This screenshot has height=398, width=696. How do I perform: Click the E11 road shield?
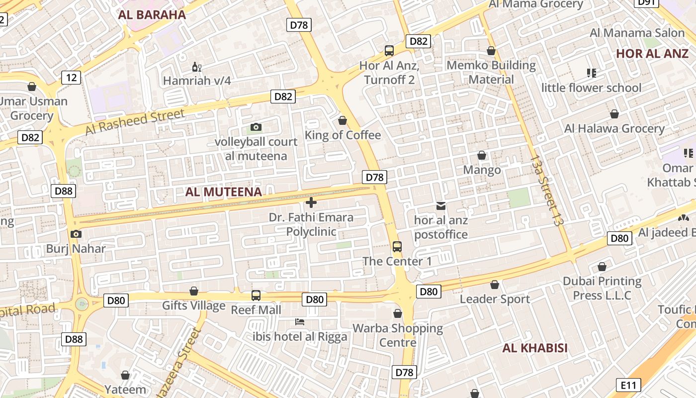coord(628,385)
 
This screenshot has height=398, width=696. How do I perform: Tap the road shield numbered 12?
coord(72,77)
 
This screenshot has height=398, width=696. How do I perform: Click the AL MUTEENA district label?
coord(223,192)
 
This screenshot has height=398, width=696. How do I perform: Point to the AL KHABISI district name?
coord(534,348)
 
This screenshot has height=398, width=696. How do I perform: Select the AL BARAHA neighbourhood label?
coord(152,14)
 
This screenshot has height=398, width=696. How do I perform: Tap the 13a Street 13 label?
coord(547,191)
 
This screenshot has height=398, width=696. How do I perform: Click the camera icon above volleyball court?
coord(256,127)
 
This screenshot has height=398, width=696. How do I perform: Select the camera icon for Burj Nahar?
coord(76,234)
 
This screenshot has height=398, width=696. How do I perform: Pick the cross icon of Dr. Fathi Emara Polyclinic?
coord(311,202)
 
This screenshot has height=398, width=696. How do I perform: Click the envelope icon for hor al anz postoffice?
coord(441,205)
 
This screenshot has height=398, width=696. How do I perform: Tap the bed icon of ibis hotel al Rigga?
coord(300,322)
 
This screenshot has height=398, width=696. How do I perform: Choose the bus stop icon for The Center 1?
coord(397,246)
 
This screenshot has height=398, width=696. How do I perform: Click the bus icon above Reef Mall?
coord(256,296)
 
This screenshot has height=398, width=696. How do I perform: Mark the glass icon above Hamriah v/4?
coord(197,67)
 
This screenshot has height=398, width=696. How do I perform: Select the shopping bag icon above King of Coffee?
coord(343,120)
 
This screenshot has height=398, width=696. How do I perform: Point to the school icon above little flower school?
coord(591,73)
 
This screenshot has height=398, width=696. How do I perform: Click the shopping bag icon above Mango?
coord(481,155)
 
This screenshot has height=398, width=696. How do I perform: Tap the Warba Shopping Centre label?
coord(398,335)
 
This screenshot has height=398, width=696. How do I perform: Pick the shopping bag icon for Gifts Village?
coord(194,291)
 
